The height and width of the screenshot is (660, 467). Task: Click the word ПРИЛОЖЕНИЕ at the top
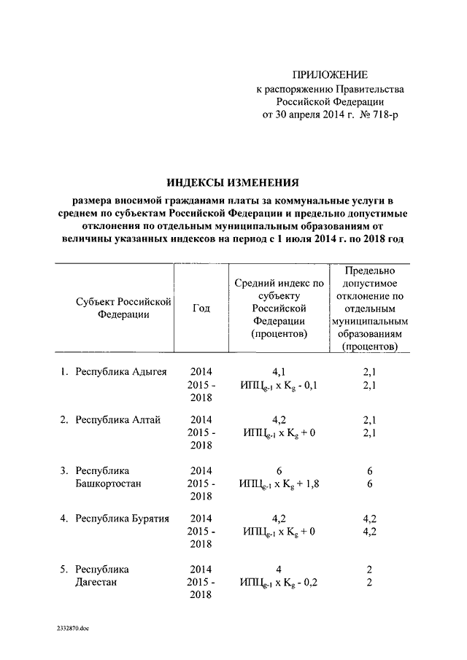point(331,74)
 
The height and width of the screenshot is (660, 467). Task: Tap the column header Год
point(201,308)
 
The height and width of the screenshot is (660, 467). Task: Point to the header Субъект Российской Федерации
point(123,308)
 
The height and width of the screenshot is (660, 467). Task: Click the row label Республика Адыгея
point(121,371)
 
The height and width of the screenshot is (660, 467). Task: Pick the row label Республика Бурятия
point(123,519)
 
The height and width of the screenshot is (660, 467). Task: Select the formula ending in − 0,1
point(278,385)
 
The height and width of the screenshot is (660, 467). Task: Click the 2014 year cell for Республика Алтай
point(201,419)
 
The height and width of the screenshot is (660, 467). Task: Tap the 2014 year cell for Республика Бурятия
point(201,519)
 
